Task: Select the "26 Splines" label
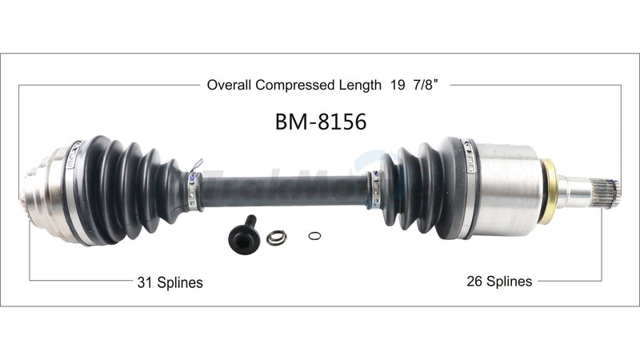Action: coord(499,281)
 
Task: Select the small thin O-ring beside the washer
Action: coord(315,235)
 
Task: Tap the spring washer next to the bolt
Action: coord(277,237)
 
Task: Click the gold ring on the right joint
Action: coord(548,191)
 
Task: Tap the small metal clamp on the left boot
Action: coord(192,189)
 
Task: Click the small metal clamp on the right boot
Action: coord(374,189)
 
